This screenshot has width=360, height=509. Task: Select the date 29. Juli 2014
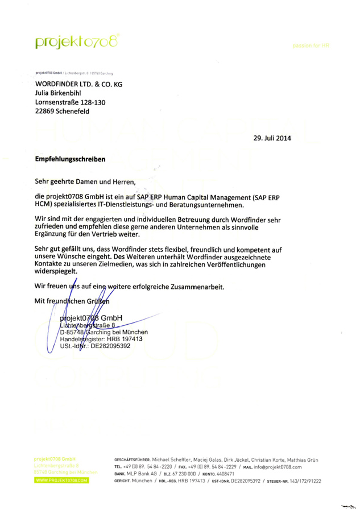(x=268, y=138)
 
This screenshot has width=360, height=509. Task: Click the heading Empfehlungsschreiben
(x=71, y=159)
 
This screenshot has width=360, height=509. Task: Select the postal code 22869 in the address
(x=45, y=111)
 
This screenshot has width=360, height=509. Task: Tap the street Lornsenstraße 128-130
(x=71, y=102)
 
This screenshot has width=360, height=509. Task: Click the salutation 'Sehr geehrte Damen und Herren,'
(x=86, y=182)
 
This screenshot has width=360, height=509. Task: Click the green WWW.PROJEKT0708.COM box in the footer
(x=61, y=481)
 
